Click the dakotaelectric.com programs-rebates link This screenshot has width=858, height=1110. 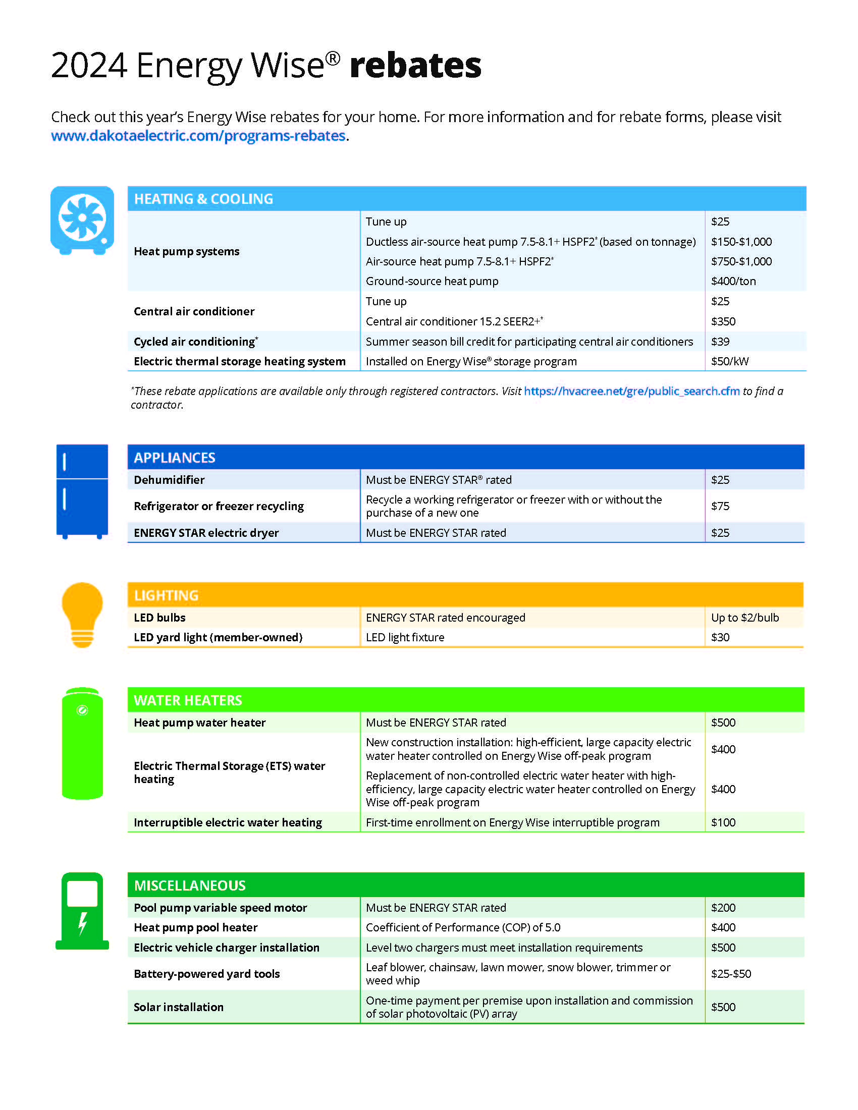coord(198,136)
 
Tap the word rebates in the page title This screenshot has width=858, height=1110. coord(415,66)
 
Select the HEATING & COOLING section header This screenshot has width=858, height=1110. coord(203,199)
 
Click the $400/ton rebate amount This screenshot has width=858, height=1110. coord(733,281)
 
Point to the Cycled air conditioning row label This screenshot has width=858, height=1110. coord(196,342)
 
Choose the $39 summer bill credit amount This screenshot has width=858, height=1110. coord(720,342)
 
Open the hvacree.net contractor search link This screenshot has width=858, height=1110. coord(631,391)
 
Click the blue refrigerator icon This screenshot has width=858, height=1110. coord(82,491)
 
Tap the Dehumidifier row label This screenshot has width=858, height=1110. coord(169,480)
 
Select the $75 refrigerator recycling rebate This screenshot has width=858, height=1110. coord(720,506)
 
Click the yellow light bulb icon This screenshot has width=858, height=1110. coord(82,614)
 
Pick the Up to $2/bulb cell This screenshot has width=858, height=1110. coord(744,618)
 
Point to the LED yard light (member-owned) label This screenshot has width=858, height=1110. coord(218,637)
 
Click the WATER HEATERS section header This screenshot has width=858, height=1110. coord(188,700)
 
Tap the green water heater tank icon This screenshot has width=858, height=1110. coord(82,743)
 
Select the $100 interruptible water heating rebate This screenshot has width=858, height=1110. coord(723,822)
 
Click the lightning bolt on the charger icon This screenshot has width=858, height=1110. coord(82,923)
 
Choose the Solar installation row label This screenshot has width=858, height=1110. coord(178,1007)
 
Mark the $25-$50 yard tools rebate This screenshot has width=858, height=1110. coord(730,974)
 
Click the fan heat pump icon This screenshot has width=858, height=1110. coord(82,218)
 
